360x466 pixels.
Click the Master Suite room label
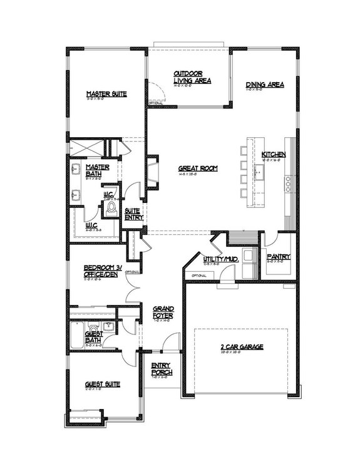pos(107,95)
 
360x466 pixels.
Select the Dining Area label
pos(265,84)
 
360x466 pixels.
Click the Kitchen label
pos(274,154)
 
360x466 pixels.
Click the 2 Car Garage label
pos(241,346)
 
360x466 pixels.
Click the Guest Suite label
pos(103,384)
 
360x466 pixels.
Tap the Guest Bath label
pos(93,338)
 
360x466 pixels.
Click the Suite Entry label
pos(133,214)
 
